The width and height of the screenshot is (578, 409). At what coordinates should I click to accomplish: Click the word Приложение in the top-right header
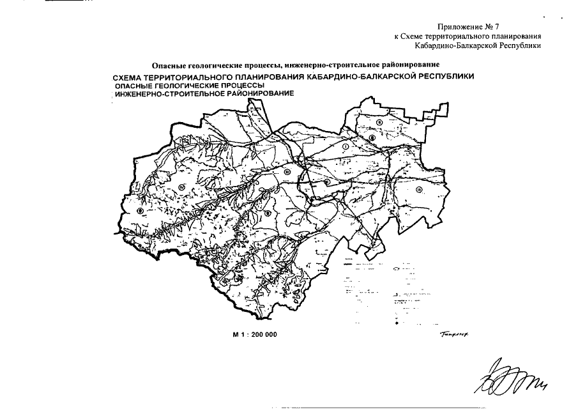459,26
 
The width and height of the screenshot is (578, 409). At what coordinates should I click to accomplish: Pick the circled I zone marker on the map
345,147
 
